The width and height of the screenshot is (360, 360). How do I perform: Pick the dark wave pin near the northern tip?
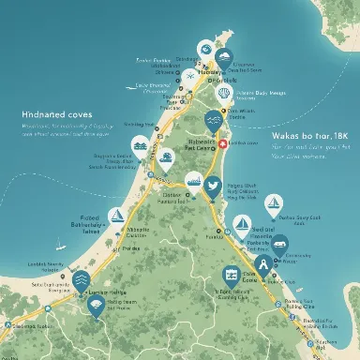222,59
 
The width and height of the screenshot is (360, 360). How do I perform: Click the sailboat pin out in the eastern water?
272,201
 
